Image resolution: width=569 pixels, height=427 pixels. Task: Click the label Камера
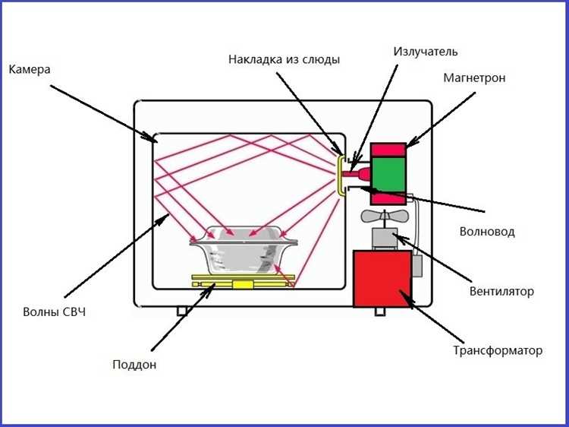30,69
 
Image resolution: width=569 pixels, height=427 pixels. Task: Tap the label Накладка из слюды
284,59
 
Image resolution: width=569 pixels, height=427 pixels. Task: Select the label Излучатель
426,52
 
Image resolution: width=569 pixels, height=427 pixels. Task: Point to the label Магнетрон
474,77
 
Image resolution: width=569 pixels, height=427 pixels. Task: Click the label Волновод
487,232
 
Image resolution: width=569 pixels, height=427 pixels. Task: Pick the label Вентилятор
501,292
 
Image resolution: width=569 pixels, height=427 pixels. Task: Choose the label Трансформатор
498,351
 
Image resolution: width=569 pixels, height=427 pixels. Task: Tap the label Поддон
134,365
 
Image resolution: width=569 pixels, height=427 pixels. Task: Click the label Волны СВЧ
55,312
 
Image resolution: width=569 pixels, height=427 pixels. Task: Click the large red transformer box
382,279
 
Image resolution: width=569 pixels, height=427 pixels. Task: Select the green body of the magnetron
388,175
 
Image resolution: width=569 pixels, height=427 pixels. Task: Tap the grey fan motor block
385,239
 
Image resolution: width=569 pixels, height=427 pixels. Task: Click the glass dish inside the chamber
244,251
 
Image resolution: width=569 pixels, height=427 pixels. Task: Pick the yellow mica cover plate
340,176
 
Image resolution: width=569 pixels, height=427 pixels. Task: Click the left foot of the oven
182,311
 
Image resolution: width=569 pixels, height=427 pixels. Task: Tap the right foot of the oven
380,311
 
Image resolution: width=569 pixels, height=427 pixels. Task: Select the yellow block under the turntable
243,285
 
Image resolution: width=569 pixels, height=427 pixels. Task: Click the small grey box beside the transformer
417,266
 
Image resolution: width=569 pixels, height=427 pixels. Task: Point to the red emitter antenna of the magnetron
357,175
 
